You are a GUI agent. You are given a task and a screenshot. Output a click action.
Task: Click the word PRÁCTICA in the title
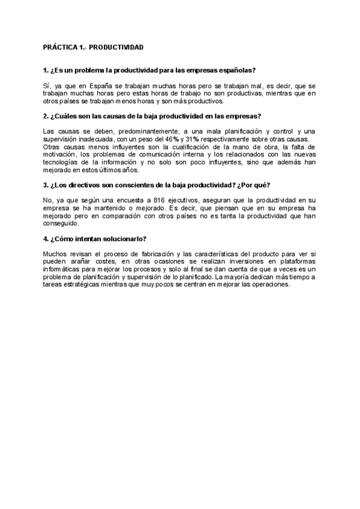tap(59, 46)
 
